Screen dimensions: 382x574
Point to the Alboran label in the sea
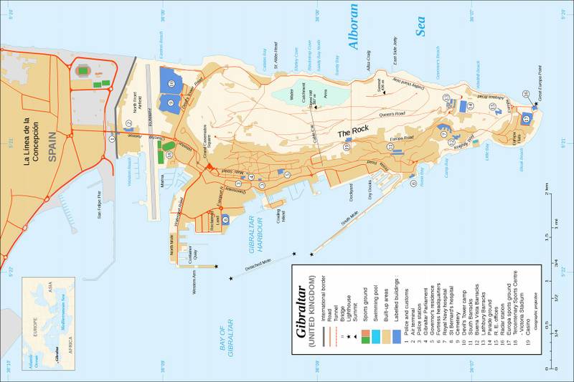coord(352,28)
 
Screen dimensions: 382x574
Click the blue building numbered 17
coord(526,117)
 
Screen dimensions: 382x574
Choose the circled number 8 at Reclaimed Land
coord(225,219)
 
